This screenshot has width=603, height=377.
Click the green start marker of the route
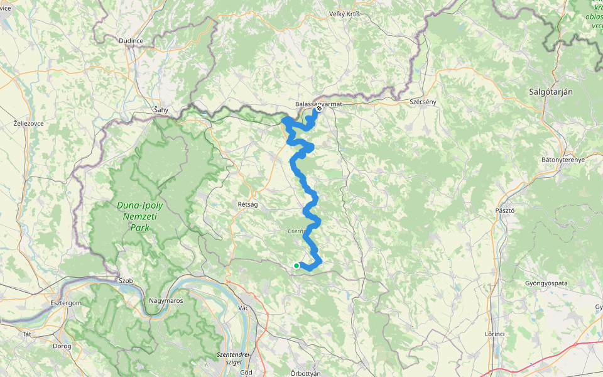(x=296, y=266)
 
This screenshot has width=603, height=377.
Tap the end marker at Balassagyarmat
(x=319, y=108)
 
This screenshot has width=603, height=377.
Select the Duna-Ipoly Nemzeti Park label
(x=140, y=216)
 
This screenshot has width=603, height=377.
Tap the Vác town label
(x=244, y=308)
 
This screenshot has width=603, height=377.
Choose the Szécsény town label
(x=422, y=101)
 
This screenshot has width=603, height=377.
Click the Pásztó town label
(x=504, y=210)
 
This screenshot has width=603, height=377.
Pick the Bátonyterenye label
(x=563, y=160)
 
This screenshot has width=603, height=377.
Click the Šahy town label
(x=161, y=109)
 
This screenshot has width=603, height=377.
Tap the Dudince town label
(x=131, y=41)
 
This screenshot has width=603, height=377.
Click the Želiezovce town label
(x=29, y=124)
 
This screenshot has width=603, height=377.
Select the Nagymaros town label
(x=165, y=301)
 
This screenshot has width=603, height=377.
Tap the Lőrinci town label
(x=496, y=334)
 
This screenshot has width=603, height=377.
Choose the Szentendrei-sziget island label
(x=233, y=358)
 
